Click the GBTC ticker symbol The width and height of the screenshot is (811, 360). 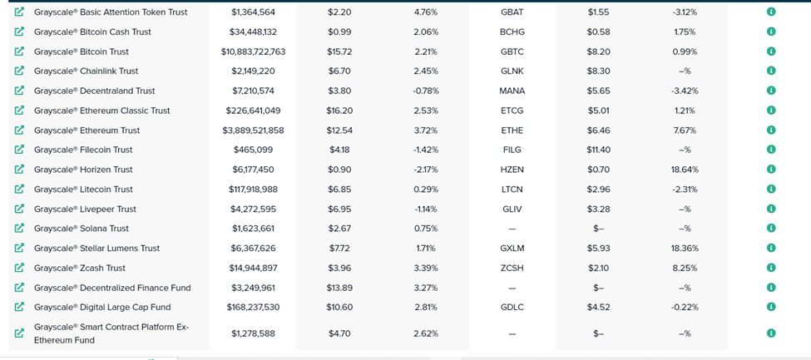512,52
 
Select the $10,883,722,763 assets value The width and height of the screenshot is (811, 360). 253,52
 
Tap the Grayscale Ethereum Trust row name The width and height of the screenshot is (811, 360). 87,131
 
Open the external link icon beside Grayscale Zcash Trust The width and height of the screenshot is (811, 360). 19,268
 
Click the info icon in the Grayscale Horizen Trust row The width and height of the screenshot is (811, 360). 770,169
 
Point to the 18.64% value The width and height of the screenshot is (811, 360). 685,170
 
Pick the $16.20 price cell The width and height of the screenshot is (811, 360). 339,111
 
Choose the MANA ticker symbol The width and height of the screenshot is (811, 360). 512,91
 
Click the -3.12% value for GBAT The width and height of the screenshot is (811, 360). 685,12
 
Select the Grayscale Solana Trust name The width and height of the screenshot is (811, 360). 82,229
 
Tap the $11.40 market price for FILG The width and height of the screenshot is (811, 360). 598,150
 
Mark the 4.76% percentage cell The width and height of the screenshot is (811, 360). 426,12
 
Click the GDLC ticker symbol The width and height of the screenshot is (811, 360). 512,308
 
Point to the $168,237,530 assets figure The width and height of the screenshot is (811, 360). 253,308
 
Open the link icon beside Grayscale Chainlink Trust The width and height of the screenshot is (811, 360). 19,71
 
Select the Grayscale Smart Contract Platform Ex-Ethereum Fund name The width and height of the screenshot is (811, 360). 111,333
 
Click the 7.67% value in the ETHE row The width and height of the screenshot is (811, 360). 685,130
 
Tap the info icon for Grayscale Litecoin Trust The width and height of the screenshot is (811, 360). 770,189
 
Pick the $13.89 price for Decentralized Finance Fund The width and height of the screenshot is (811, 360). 339,288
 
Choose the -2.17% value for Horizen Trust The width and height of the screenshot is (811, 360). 426,170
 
